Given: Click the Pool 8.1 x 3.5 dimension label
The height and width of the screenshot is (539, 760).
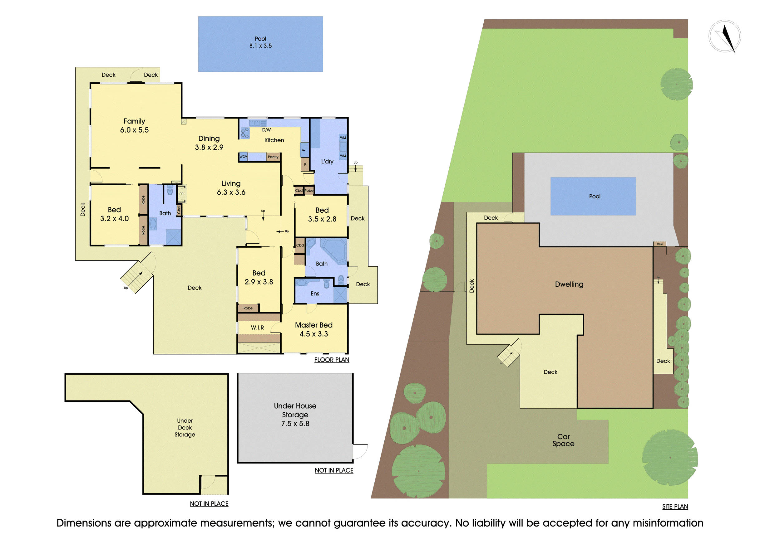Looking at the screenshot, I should point(260,42).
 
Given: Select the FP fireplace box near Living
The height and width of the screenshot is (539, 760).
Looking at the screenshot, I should point(181,194).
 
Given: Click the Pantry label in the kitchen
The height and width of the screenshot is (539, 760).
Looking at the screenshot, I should point(273,157).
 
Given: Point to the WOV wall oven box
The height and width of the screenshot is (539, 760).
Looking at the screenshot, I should point(243,157).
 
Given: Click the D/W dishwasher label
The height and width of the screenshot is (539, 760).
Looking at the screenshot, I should point(266,130).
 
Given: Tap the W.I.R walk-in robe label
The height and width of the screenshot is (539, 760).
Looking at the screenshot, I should point(257,328).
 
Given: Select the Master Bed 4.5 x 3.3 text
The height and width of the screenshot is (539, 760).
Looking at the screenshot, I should point(313,330).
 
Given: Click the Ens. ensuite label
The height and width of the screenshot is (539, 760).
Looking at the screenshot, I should point(315,294).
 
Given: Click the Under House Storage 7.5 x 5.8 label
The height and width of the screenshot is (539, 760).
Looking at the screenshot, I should point(295,415).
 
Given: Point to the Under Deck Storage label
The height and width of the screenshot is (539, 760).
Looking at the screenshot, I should point(185,427).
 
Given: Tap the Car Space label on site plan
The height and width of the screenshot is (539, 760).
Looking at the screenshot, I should point(563,440).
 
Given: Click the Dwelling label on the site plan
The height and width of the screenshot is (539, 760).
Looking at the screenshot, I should point(569,284).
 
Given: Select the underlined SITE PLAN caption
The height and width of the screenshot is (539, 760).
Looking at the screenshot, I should point(675,507).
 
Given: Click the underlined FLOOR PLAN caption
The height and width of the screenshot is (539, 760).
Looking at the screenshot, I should point(332,360).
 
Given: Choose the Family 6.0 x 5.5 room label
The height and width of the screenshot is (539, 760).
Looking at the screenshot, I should point(134,125).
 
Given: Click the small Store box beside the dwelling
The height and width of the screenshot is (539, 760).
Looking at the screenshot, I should point(659,244).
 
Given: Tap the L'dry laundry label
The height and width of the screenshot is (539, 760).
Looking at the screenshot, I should point(327,162).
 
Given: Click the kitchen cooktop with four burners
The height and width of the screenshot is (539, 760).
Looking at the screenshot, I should point(245,134).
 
